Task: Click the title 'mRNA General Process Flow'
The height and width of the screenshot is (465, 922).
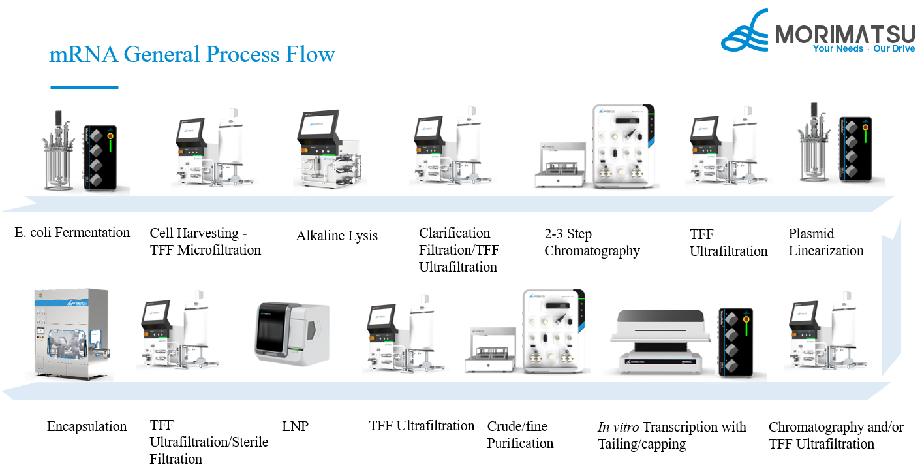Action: tap(192, 54)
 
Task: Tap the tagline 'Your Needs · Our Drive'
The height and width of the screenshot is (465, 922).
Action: tap(863, 49)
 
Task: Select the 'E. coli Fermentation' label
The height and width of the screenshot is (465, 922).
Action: tap(72, 232)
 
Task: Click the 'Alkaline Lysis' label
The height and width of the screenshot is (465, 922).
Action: tap(337, 236)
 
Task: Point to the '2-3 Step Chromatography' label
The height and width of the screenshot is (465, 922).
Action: tap(592, 242)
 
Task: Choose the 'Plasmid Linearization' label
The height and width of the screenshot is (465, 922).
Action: tap(825, 242)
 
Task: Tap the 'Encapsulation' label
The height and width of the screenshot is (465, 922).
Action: tap(87, 426)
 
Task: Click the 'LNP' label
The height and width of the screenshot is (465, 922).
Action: tap(295, 426)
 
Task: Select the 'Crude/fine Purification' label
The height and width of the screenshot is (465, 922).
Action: tap(520, 435)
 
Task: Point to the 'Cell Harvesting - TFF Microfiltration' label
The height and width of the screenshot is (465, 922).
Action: tap(205, 242)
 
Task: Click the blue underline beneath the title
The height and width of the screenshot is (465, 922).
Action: tap(84, 87)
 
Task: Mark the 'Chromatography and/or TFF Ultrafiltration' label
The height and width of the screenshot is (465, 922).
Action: tap(835, 436)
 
